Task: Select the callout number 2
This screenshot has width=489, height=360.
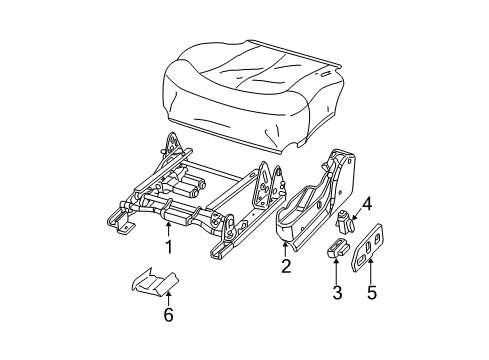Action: [285, 266]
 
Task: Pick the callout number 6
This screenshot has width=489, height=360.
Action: [169, 316]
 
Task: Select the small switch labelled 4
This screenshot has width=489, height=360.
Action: [346, 221]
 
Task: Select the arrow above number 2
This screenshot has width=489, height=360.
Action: [285, 249]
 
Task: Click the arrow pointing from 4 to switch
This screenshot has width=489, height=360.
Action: [357, 213]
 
